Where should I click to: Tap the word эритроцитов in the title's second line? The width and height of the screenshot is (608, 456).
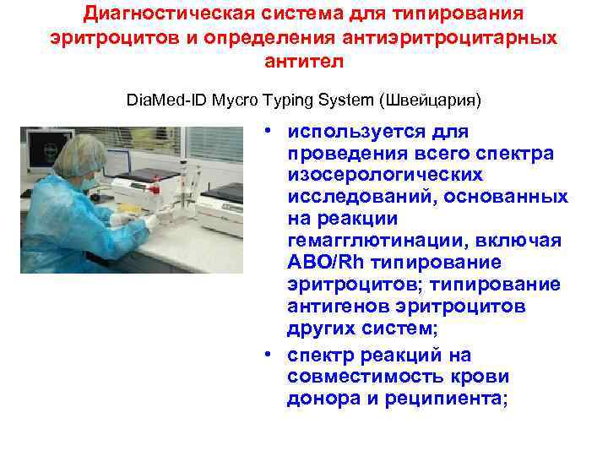tap(109, 39)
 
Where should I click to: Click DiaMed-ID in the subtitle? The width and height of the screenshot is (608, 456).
tap(163, 100)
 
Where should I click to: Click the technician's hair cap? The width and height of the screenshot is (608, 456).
tap(85, 152)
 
